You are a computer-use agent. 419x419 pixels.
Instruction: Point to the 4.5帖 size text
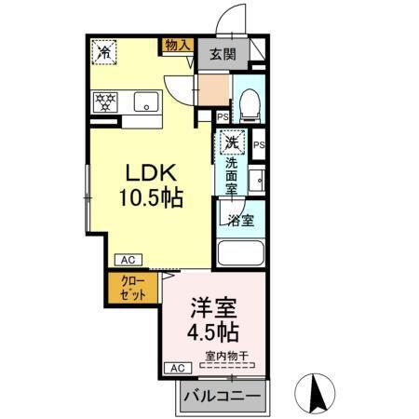pyautogui.click(x=212, y=331)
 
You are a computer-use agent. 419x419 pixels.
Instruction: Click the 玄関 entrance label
pyautogui.click(x=223, y=52)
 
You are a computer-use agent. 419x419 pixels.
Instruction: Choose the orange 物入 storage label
pyautogui.click(x=177, y=44)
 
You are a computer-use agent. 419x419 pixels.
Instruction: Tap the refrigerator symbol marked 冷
pyautogui.click(x=106, y=52)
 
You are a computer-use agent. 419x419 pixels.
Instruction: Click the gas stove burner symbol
pyautogui.click(x=103, y=100)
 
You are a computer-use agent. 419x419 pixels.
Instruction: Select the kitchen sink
pyautogui.click(x=144, y=101)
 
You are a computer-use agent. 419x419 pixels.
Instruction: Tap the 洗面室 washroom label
pyautogui.click(x=232, y=174)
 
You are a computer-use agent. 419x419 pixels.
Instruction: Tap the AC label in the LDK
pyautogui.click(x=126, y=260)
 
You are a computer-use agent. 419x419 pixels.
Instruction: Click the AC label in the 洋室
pyautogui.click(x=176, y=369)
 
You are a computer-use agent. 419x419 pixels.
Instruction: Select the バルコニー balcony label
pyautogui.click(x=221, y=394)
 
